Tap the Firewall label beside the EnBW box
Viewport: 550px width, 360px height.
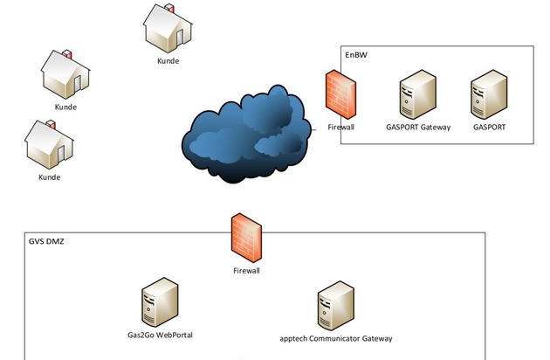(341, 127)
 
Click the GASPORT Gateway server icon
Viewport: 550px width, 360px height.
(417, 96)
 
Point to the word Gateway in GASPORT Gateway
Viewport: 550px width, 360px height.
(434, 127)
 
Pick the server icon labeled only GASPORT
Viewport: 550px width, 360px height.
(489, 96)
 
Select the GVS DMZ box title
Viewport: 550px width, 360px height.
(47, 241)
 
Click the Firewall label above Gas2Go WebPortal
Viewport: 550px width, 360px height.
(246, 271)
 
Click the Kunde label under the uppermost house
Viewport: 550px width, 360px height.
(168, 61)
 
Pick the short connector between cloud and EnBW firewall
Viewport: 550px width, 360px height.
(313, 129)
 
